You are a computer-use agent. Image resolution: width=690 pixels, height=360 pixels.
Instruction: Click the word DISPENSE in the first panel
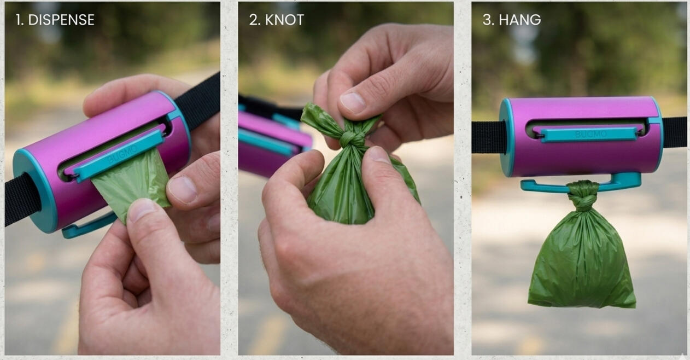coord(61,20)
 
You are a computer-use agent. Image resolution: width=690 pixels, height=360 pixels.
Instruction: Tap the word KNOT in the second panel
coord(284,20)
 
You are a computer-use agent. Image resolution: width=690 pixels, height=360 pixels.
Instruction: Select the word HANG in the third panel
coord(519,20)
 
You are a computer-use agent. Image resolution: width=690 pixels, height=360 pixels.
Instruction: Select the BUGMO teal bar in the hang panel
coord(589,135)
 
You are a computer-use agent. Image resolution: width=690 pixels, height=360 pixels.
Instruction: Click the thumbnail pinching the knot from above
coord(352,103)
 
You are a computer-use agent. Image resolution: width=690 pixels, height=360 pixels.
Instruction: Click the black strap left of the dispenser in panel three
coord(489,137)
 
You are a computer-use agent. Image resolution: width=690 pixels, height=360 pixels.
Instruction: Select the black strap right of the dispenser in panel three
coord(674,132)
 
